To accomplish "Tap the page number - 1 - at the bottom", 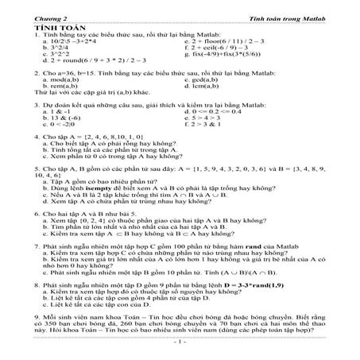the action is point(180,342).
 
